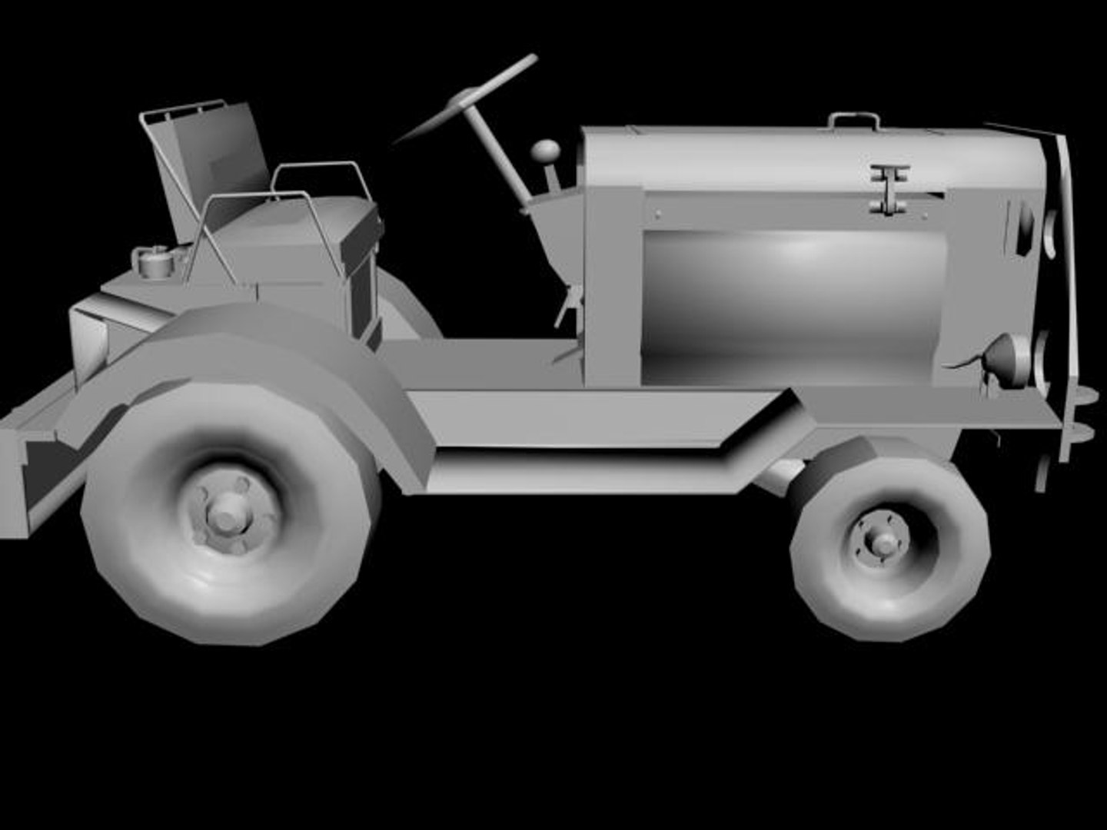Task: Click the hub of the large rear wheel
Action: (225, 520)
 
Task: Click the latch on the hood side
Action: (890, 189)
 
